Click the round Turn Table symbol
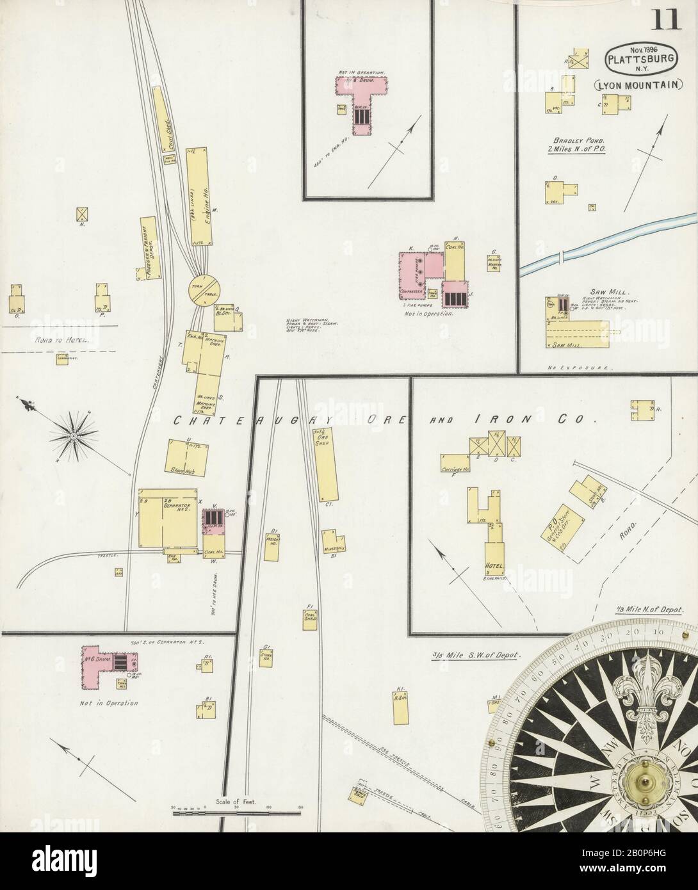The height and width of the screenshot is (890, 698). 204,290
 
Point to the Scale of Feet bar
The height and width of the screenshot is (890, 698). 237,795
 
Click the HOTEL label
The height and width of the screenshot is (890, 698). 496,565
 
